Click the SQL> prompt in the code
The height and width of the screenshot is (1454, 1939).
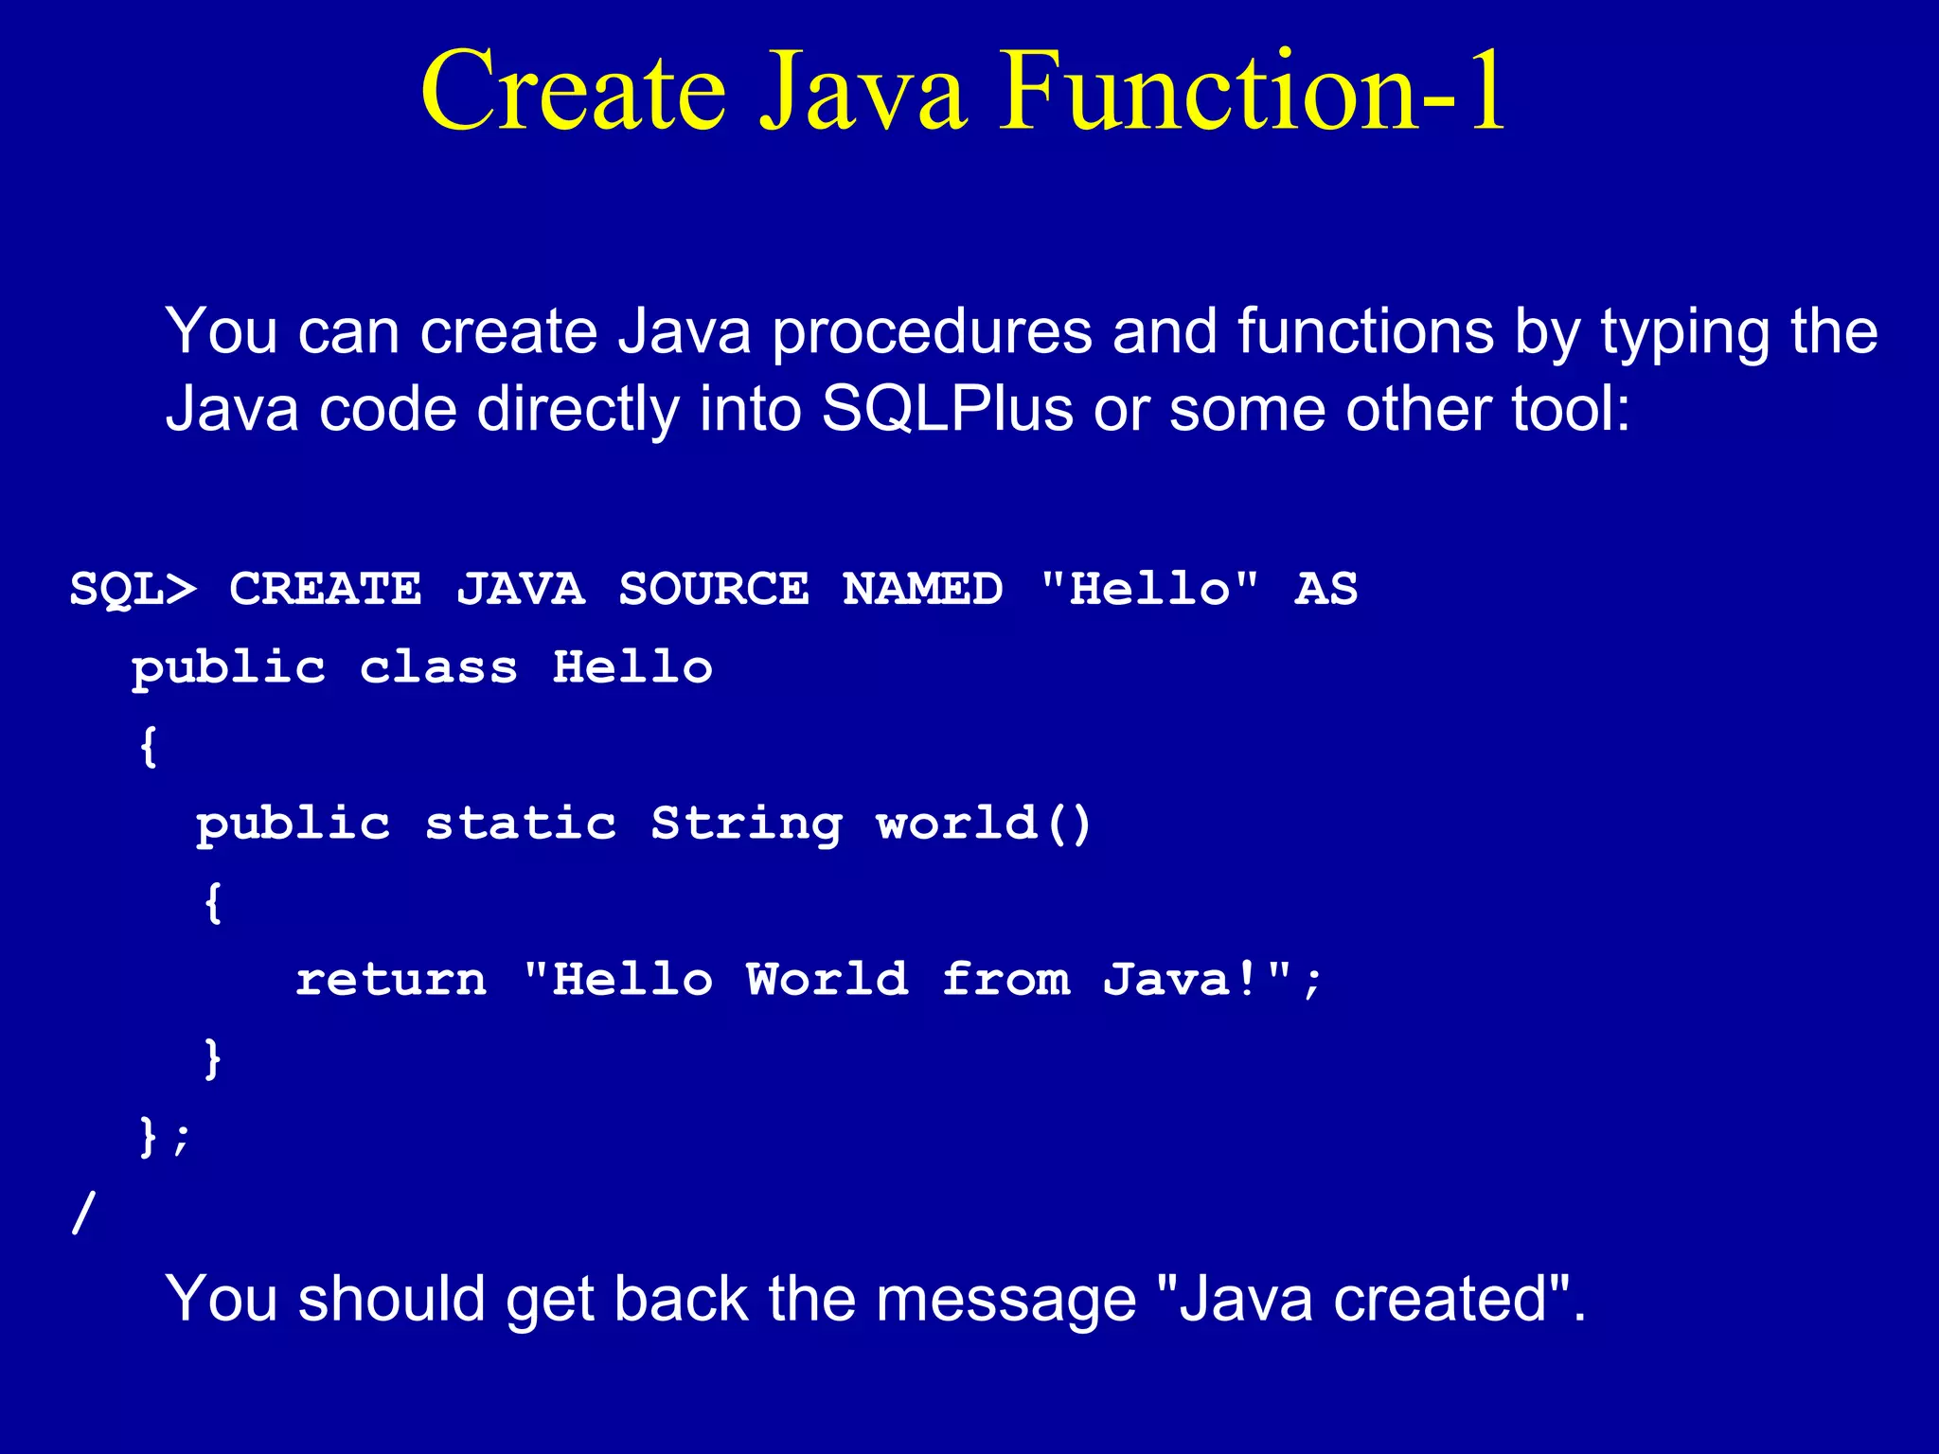coord(133,589)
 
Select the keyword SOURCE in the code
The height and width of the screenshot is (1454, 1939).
coord(714,589)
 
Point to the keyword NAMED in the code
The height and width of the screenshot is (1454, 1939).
coord(922,589)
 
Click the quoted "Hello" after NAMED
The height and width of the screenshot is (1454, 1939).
coord(1149,589)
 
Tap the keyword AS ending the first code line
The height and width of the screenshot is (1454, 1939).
coord(1326,589)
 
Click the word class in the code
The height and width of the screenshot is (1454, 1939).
coord(438,667)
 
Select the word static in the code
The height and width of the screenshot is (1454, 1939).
coord(521,823)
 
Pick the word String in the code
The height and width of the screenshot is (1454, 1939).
coord(746,823)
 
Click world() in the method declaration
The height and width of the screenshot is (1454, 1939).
coord(985,823)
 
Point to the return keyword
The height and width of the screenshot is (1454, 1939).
coord(391,979)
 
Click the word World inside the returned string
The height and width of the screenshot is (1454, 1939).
coord(827,979)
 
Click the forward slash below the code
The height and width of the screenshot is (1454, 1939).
coord(83,1213)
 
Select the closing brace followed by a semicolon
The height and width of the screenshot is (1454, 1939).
coord(163,1135)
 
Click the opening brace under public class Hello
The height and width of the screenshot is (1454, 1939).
coord(148,746)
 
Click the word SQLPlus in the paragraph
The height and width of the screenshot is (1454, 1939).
coord(947,409)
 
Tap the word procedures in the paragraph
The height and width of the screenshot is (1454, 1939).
coord(932,331)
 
